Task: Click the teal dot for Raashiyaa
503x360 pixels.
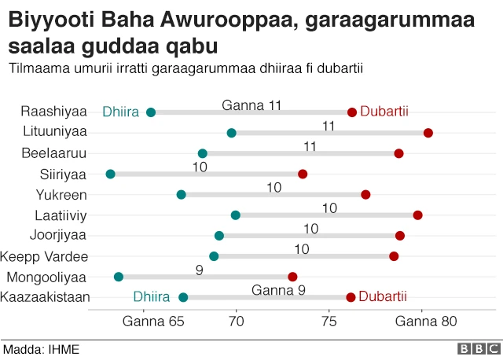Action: (151, 112)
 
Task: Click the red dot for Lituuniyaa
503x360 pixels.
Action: (428, 133)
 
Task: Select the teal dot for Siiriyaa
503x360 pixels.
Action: (110, 174)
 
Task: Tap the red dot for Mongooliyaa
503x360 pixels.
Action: (293, 277)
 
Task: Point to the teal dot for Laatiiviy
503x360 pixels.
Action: (236, 215)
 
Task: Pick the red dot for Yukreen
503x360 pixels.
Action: (365, 194)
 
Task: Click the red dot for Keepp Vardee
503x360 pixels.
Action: (394, 256)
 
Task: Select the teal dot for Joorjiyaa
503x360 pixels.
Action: (219, 236)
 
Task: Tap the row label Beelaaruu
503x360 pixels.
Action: (54, 152)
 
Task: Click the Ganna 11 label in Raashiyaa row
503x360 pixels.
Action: (251, 105)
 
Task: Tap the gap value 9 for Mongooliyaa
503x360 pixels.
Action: (200, 270)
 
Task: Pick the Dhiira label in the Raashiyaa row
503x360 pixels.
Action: (121, 112)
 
